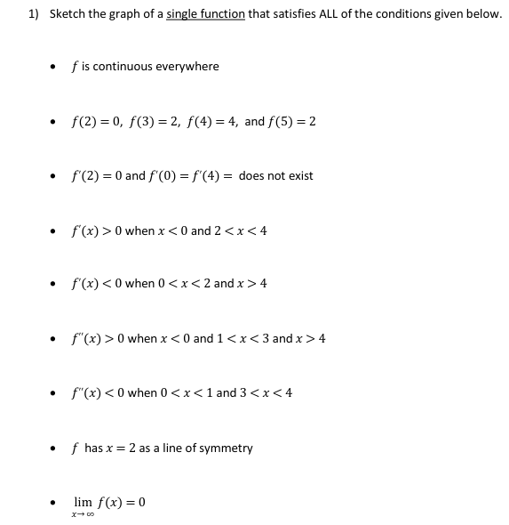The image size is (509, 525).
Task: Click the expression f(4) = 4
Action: pos(210,121)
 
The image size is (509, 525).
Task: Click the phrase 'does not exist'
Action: pos(276,175)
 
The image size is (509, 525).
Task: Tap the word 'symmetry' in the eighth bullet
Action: pos(227,448)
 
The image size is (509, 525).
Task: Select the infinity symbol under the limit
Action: pos(91,514)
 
